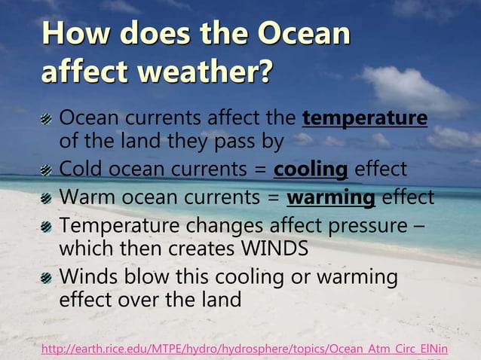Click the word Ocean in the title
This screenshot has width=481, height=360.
tap(305, 35)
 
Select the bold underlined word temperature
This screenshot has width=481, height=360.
tap(364, 118)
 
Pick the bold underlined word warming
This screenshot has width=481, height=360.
tap(331, 197)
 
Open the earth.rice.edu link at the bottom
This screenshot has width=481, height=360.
tap(244, 349)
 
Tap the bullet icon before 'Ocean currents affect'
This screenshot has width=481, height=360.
tap(47, 119)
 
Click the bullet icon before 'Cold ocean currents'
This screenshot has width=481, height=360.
tap(47, 169)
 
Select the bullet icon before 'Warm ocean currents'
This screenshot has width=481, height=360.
tap(47, 198)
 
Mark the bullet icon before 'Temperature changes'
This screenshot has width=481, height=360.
tap(47, 227)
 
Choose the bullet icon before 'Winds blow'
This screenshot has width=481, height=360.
tap(47, 278)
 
